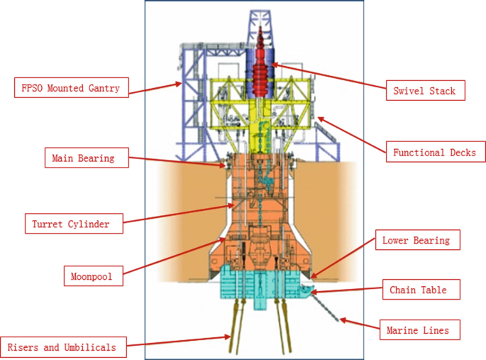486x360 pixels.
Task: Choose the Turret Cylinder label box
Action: tap(71, 224)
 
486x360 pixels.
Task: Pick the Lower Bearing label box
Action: tap(416, 240)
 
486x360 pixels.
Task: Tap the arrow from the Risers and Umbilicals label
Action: tap(181, 343)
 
